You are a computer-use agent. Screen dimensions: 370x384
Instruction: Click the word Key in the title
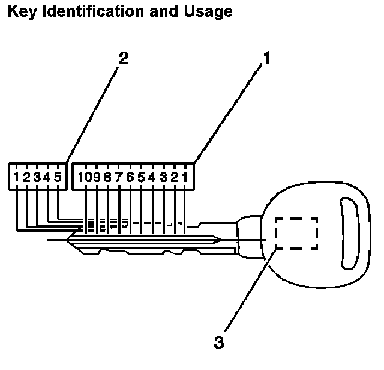point(20,11)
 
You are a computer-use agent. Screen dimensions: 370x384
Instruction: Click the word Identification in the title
point(90,11)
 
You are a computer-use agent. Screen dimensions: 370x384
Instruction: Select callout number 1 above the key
point(268,59)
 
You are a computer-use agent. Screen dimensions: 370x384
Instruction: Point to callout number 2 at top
point(123,59)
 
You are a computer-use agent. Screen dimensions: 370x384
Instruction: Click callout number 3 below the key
point(218,342)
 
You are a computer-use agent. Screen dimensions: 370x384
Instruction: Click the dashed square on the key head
point(296,233)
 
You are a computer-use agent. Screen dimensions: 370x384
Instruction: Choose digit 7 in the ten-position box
point(119,177)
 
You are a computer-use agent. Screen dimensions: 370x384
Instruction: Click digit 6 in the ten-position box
point(130,177)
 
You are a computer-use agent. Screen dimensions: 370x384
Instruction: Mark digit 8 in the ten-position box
point(109,177)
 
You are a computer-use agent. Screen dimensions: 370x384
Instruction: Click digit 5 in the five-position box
point(58,177)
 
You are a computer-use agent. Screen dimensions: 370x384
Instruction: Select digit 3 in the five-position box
point(37,177)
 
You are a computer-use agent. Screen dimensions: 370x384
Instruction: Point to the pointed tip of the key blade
point(222,241)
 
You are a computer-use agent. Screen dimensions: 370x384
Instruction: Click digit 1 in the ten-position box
point(185,177)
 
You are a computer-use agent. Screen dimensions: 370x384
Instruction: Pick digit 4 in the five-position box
point(47,177)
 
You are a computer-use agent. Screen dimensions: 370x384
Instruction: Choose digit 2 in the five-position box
point(27,177)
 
